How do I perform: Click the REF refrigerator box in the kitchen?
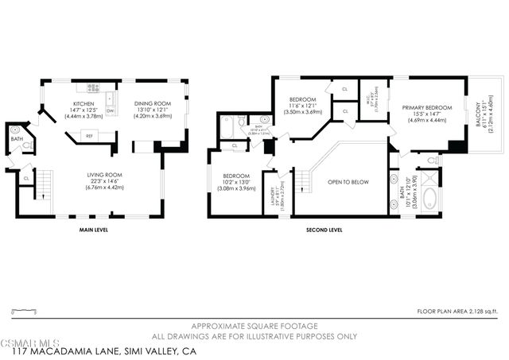point(89,136)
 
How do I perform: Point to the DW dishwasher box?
point(111,110)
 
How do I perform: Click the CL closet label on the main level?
point(26,179)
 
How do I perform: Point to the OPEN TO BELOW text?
point(348,182)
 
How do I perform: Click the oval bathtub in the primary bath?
point(431,198)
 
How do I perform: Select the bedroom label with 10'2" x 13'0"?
point(236,176)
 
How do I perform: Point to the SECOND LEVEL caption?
point(324,230)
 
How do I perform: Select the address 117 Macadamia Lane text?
point(99,350)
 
